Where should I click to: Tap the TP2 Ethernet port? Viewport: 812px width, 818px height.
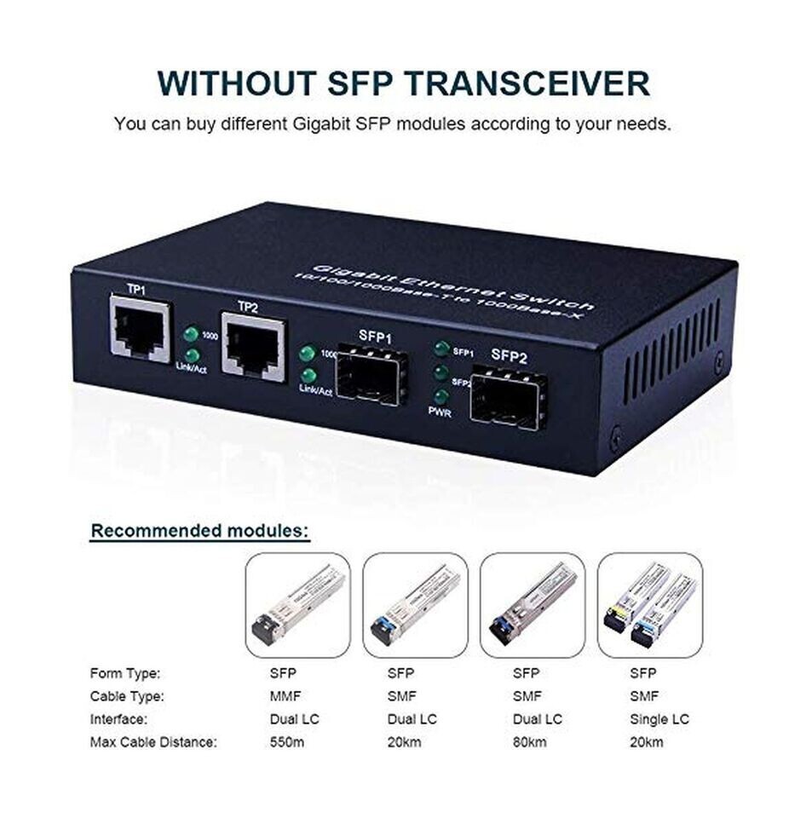[253, 346]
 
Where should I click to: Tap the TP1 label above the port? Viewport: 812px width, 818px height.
[136, 290]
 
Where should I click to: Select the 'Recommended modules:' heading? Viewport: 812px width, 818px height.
[200, 531]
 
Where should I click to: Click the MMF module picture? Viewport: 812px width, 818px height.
[297, 605]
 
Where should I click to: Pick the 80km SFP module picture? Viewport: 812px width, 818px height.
[533, 605]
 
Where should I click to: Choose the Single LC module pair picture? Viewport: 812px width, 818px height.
[650, 605]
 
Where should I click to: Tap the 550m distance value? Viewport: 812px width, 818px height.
[284, 742]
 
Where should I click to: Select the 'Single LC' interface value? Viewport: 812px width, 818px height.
[659, 719]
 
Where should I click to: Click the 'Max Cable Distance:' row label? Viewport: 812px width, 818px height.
[153, 742]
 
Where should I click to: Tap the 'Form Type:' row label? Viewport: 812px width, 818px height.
[125, 673]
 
